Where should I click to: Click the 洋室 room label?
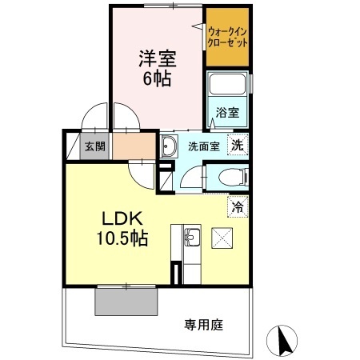[x=157, y=58]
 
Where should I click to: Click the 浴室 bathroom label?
[x=227, y=114]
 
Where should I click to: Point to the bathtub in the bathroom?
[x=228, y=86]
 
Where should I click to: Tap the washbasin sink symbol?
[x=169, y=146]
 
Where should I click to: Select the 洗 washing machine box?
[x=236, y=146]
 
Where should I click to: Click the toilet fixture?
[x=232, y=177]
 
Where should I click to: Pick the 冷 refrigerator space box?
[x=238, y=206]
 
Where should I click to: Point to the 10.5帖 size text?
[x=122, y=238]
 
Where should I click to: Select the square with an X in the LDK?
[x=221, y=237]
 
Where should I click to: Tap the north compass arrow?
[x=283, y=342]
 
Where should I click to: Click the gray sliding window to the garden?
[x=126, y=300]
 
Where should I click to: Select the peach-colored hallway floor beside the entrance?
[x=129, y=146]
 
